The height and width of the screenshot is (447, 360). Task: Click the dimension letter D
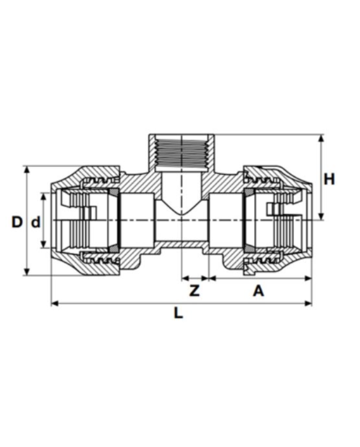[x=17, y=222]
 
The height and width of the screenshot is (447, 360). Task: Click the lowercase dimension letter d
[x=35, y=222]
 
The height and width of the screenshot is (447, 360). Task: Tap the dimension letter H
[x=329, y=179]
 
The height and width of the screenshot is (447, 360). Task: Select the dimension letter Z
[x=194, y=291]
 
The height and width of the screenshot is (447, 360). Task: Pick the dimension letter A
[x=259, y=291]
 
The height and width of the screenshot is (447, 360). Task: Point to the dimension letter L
[x=178, y=313]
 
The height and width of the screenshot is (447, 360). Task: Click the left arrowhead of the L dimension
[x=55, y=304]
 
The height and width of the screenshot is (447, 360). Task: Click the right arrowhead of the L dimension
[x=308, y=304]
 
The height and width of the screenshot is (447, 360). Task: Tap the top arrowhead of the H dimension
[x=321, y=138]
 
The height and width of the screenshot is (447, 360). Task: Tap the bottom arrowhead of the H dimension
[x=321, y=217]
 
